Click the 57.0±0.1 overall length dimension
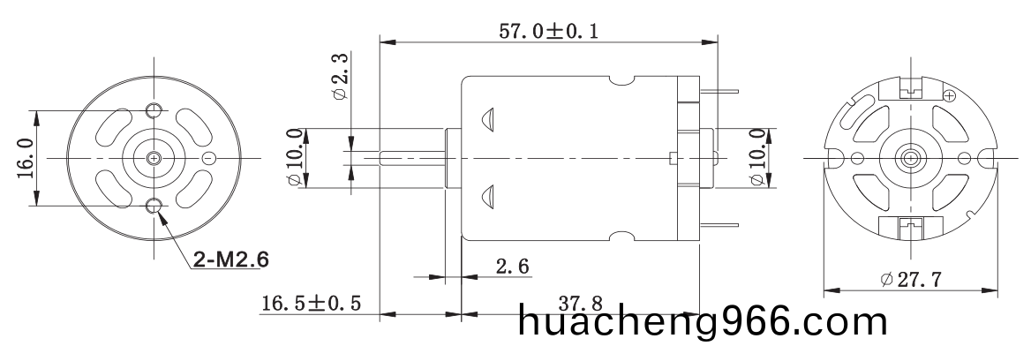coord(550,30)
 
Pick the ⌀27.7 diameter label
coord(911,280)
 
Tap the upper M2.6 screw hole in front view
coord(154,109)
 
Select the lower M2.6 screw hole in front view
coord(154,207)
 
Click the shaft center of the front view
coord(154,159)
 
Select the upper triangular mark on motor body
coord(488,120)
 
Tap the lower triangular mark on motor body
coord(488,197)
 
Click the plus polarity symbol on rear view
coord(950,95)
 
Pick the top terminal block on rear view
coord(908,89)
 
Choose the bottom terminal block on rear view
coord(908,227)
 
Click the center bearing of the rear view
coord(908,159)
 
